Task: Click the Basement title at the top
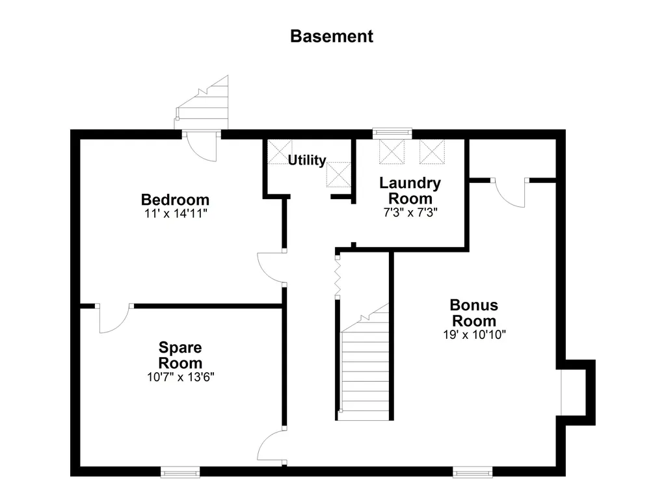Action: (x=332, y=36)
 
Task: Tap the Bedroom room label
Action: (x=175, y=199)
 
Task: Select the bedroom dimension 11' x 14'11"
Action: (x=176, y=213)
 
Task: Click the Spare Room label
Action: (x=180, y=355)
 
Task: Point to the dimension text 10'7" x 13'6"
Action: (x=181, y=377)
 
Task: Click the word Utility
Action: (x=307, y=160)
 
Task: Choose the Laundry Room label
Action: (x=410, y=191)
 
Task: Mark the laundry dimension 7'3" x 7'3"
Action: (x=410, y=212)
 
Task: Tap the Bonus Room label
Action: (x=474, y=313)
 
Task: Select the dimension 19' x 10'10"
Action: (x=474, y=334)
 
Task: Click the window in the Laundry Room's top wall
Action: (x=392, y=133)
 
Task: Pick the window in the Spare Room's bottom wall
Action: (x=180, y=472)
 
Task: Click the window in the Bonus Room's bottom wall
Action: (x=472, y=472)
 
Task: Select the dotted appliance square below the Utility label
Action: (x=338, y=174)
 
